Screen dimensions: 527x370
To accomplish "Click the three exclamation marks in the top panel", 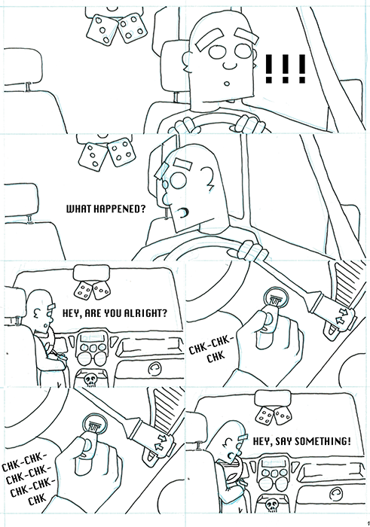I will (x=285, y=70).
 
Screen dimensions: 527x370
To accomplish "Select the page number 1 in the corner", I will (x=365, y=519).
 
